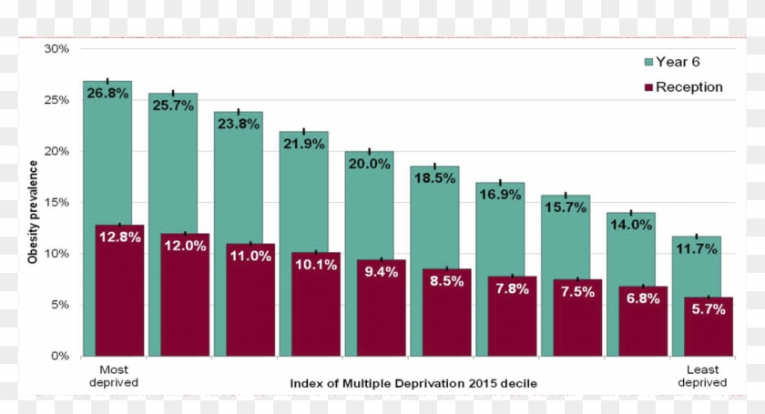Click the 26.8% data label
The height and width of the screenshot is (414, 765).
pyautogui.click(x=107, y=93)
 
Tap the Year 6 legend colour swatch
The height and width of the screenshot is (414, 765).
pyautogui.click(x=648, y=63)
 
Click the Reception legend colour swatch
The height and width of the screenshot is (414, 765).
pyautogui.click(x=648, y=87)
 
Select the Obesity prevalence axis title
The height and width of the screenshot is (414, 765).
pyautogui.click(x=33, y=212)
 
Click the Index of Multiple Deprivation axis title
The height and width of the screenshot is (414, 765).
pyautogui.click(x=413, y=383)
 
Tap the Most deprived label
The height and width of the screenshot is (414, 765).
pyautogui.click(x=114, y=377)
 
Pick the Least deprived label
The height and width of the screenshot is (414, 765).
pyautogui.click(x=703, y=377)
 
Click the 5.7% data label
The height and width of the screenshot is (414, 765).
pyautogui.click(x=709, y=309)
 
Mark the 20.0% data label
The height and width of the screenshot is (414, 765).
pyautogui.click(x=370, y=164)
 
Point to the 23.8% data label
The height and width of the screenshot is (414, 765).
pyautogui.click(x=239, y=125)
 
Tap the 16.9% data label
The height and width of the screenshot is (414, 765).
pyautogui.click(x=500, y=194)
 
